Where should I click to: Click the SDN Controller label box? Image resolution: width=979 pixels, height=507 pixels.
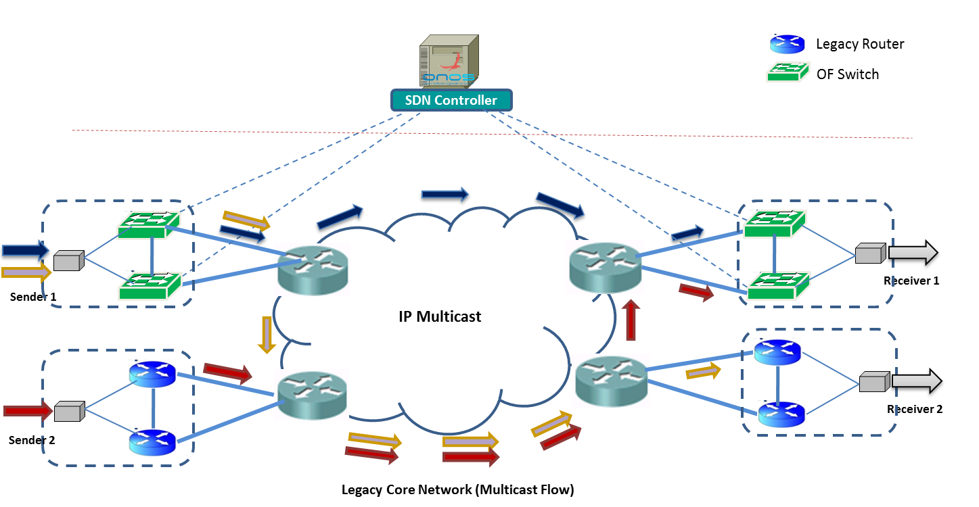pyautogui.click(x=451, y=101)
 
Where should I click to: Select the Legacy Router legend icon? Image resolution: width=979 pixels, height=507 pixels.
pyautogui.click(x=787, y=45)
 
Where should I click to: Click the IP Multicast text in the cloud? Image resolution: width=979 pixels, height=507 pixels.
pyautogui.click(x=440, y=316)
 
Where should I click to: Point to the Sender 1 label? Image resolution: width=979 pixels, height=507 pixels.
pyautogui.click(x=32, y=297)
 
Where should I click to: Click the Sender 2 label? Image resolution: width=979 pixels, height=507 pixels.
pyautogui.click(x=32, y=440)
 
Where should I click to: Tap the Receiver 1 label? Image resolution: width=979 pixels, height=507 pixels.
pyautogui.click(x=911, y=281)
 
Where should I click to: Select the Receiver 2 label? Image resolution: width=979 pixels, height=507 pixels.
pyautogui.click(x=915, y=409)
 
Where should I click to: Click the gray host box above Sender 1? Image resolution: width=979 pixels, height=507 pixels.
pyautogui.click(x=68, y=261)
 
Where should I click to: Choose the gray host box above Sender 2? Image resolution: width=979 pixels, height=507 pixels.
pyautogui.click(x=68, y=410)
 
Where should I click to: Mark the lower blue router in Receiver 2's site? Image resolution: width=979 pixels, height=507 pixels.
pyautogui.click(x=781, y=414)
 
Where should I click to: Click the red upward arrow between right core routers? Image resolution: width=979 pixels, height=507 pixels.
pyautogui.click(x=631, y=320)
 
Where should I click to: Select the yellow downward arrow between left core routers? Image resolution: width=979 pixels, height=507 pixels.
pyautogui.click(x=267, y=334)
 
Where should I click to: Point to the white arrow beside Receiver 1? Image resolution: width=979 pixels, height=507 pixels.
pyautogui.click(x=913, y=253)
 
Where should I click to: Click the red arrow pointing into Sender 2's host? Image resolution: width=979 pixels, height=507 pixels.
pyautogui.click(x=27, y=410)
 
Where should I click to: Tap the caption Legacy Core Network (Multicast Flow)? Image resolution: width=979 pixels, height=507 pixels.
pyautogui.click(x=457, y=490)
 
